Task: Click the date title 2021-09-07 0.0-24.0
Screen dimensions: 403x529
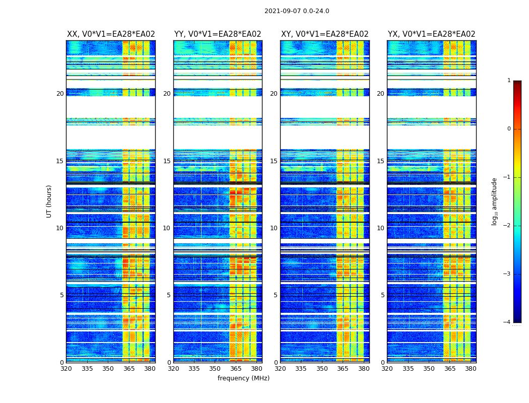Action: (x=297, y=11)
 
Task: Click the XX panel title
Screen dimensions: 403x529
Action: (x=111, y=34)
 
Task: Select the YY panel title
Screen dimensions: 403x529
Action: (x=218, y=34)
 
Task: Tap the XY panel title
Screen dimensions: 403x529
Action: (x=324, y=34)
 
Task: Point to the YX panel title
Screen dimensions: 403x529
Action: (x=431, y=34)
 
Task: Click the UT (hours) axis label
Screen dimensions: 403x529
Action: (x=49, y=201)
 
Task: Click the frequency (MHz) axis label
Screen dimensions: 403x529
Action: (x=243, y=378)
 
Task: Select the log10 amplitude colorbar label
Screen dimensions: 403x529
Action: (x=495, y=201)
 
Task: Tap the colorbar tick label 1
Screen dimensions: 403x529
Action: (x=509, y=81)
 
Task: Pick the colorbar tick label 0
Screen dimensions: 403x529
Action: (x=509, y=129)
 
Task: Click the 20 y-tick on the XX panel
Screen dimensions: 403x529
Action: (x=60, y=94)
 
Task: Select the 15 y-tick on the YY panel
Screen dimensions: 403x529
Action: (x=167, y=161)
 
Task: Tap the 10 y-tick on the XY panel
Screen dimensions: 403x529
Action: (x=274, y=228)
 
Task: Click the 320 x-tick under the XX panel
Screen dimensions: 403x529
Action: (x=67, y=369)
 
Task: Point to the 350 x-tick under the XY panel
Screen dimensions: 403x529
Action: (x=322, y=369)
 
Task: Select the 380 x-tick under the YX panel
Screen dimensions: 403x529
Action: (x=471, y=369)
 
